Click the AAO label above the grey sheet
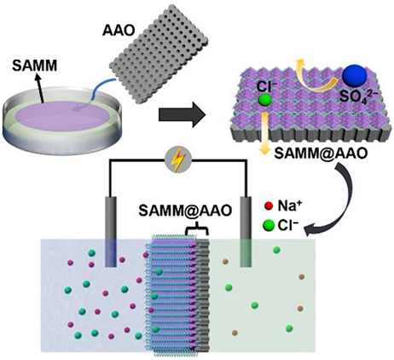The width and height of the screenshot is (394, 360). click(x=119, y=31)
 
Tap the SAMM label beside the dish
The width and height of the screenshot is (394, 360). click(x=35, y=66)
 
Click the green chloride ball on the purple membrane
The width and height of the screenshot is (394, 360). click(x=264, y=100)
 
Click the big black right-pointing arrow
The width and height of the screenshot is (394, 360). click(x=182, y=114)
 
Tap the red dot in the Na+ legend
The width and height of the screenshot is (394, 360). click(x=268, y=206)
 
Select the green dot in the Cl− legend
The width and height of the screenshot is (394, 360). click(x=269, y=225)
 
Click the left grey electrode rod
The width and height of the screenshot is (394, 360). click(x=111, y=232)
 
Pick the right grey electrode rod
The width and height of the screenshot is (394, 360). click(x=246, y=232)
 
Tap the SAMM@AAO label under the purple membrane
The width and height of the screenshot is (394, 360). click(x=321, y=154)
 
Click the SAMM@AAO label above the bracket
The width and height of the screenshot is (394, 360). click(x=185, y=212)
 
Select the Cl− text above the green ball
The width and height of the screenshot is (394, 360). click(x=265, y=87)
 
